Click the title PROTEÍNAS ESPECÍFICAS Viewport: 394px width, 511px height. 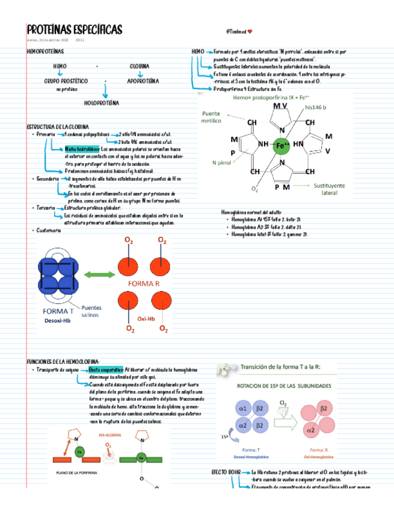pos(75,30)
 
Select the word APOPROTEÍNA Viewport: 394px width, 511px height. pos(143,80)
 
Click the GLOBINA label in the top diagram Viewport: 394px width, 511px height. pos(140,66)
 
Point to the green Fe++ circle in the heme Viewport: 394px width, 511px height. pos(282,145)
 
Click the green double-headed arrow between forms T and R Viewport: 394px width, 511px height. pos(99,275)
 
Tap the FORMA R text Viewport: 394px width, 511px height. pos(143,283)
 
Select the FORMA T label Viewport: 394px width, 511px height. pos(58,312)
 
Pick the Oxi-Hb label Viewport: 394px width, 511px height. pos(146,318)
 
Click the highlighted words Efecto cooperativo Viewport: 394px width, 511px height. pos(106,369)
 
